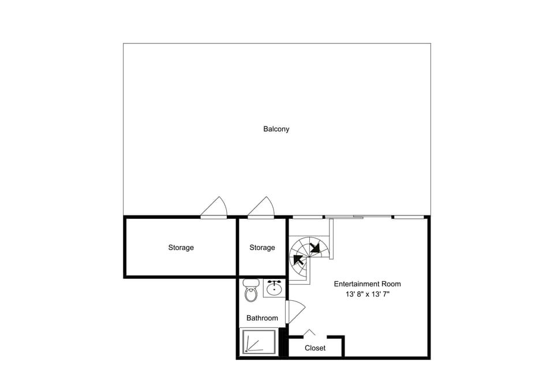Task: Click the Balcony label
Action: coord(276,129)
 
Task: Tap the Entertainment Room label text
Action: coord(368,284)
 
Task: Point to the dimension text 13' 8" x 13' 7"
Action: coord(368,294)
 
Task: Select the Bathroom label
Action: coord(262,318)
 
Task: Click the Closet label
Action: coord(315,348)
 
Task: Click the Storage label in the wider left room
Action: coord(181,248)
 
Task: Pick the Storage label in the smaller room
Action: coord(262,248)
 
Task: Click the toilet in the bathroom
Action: coord(251,290)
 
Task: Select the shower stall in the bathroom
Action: coord(259,342)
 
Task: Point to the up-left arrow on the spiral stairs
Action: coord(298,259)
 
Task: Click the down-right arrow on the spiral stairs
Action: coord(315,248)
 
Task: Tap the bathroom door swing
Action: coord(295,311)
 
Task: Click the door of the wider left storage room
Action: coord(214,208)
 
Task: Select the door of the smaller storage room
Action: coord(261,208)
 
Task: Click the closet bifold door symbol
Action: coord(309,333)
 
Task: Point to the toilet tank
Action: coord(251,283)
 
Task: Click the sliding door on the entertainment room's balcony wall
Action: coord(358,217)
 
